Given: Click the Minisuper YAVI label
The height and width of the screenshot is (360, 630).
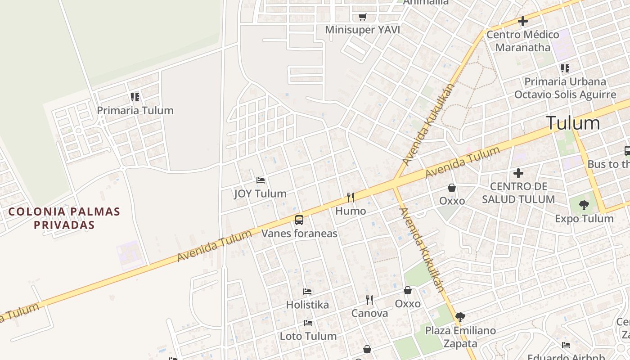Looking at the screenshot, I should tap(362, 30).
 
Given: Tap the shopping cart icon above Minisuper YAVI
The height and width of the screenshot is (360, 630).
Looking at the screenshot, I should tap(362, 17).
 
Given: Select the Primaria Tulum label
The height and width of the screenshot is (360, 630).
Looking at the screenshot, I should tap(135, 110).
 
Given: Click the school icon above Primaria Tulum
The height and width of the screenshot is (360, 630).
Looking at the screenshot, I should tap(135, 97).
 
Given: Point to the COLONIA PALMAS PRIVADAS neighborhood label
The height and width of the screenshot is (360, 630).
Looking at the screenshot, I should tap(64, 218).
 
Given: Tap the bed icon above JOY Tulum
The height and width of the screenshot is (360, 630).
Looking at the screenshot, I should tap(260, 180).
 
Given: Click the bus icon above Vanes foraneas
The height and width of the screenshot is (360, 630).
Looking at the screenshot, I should tap(299, 220).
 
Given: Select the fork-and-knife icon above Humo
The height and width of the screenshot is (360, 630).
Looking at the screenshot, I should tap(351, 197).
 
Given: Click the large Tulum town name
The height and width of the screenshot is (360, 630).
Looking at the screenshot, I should tap(573, 123).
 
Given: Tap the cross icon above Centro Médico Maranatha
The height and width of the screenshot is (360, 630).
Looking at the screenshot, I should tap(522, 21).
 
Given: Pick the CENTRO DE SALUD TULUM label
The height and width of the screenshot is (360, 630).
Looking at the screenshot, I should tap(518, 193).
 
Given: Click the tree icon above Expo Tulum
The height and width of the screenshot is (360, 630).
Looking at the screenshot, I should tap(584, 205).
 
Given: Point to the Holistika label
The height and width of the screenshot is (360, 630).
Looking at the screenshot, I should tap(307, 305).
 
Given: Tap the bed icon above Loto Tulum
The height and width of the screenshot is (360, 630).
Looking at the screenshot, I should tap(308, 323).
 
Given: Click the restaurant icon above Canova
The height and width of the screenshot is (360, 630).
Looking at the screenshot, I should tap(369, 300).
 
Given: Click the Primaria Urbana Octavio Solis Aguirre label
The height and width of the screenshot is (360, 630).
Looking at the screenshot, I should tap(565, 88).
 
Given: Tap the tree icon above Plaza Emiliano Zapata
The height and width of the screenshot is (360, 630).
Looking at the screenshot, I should tap(460, 317).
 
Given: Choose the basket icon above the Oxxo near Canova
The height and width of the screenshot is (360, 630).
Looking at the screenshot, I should tap(408, 290).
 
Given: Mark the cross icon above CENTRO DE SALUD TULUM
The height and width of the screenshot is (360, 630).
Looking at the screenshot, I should tap(518, 173).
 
